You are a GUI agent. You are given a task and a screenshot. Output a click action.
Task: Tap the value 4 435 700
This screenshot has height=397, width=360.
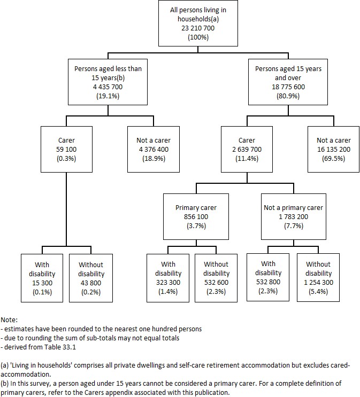(x=109, y=87)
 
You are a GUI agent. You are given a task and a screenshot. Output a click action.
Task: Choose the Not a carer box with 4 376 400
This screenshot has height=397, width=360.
(x=153, y=149)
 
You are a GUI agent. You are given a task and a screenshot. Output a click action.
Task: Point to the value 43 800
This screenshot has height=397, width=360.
(x=91, y=283)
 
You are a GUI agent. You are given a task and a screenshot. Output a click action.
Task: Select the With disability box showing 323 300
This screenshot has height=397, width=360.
(x=168, y=277)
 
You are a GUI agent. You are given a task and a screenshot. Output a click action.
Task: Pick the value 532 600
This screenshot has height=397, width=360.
(x=216, y=283)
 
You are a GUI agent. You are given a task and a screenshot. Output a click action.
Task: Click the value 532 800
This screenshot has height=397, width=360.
(x=268, y=282)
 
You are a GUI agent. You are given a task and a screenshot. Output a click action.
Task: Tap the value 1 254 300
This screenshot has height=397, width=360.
(x=318, y=283)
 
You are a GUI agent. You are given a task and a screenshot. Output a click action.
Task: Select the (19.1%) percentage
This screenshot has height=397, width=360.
(x=109, y=96)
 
